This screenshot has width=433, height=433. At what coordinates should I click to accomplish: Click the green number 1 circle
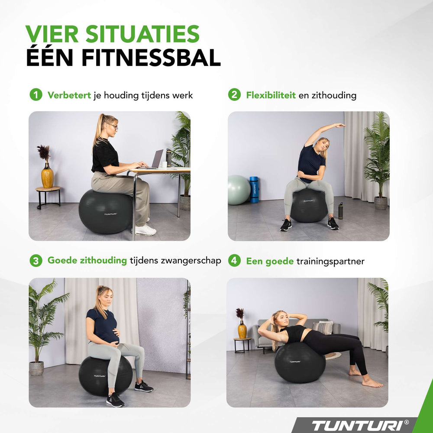pos(36,95)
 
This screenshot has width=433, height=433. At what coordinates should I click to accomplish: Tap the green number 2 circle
pos(234,95)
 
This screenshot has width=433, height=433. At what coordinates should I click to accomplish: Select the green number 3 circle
pos(36,261)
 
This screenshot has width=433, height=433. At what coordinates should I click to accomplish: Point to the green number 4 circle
pos(234,261)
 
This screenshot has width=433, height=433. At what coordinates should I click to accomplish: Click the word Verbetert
pos(69,95)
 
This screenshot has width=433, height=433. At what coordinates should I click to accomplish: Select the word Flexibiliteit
pos(271,95)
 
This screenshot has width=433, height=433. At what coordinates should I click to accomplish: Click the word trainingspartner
pos(330,261)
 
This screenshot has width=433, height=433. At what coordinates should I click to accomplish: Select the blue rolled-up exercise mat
pos(254,189)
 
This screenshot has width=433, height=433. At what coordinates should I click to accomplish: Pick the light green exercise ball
pos(238,190)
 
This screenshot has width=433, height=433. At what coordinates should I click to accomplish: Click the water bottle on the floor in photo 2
pos(340,211)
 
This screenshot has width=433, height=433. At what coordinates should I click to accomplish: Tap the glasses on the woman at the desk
pos(113,126)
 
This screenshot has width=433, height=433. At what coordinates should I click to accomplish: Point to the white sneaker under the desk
pos(145,230)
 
